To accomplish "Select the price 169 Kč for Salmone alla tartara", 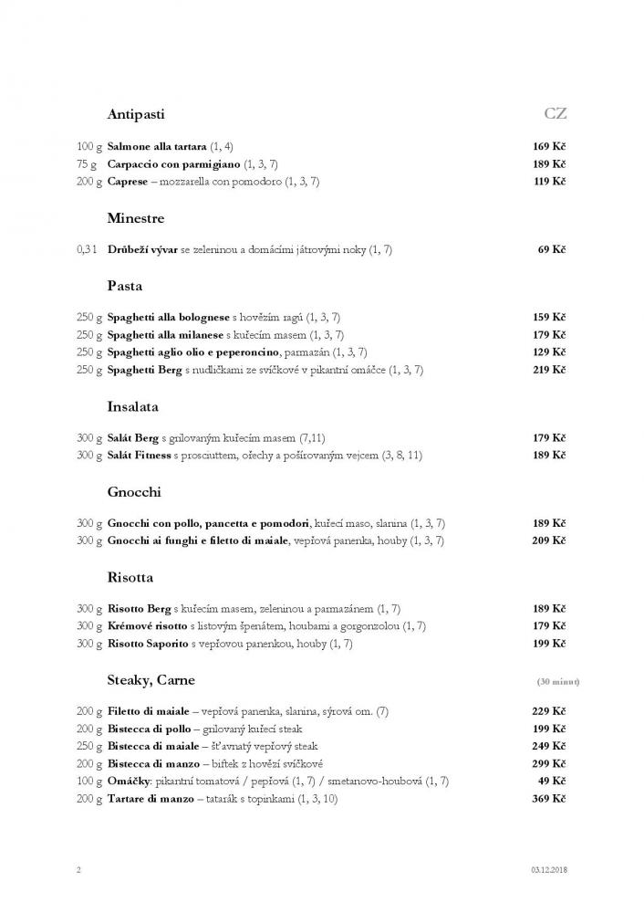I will (549, 146).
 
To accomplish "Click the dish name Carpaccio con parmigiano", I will (173, 163).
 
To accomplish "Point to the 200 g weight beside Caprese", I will (88, 182).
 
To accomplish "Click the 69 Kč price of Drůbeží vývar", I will (553, 249).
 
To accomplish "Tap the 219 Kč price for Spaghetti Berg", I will (549, 370).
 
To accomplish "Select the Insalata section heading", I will (133, 406).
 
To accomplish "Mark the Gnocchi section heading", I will (134, 492).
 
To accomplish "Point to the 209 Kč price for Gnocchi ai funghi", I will (549, 540).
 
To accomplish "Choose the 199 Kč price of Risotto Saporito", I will (549, 644).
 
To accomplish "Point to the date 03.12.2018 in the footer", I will (547, 870).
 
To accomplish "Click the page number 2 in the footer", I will (78, 870).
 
